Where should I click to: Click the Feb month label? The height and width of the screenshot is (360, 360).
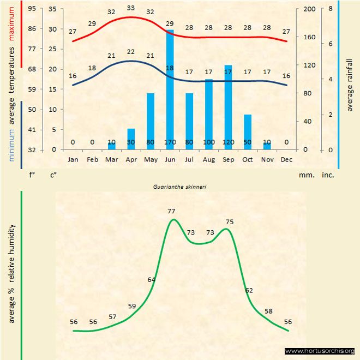pos(92,160)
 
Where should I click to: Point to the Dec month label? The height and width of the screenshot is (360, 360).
pos(286,160)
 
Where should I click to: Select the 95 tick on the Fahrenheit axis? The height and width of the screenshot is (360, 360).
pos(32,9)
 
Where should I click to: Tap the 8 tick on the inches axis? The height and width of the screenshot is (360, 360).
pos(331,9)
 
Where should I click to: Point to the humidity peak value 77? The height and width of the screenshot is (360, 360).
pos(171,211)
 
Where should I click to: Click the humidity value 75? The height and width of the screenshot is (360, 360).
pos(230,222)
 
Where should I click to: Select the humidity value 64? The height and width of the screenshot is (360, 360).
pos(152,280)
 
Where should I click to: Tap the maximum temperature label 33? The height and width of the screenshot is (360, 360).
pos(131,8)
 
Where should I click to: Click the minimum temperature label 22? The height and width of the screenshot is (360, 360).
pos(131,52)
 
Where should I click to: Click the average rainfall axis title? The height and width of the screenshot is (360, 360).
pos(350,84)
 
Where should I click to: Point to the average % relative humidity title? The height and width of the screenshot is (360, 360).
pos(12,273)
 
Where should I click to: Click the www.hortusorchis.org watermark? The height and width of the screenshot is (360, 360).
pos(320,351)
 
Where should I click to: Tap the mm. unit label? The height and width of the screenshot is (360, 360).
pos(305,176)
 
